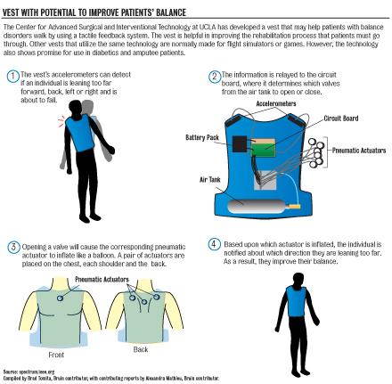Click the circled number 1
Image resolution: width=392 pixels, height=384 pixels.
pyautogui.click(x=12, y=77)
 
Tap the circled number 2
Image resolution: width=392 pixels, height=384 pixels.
pyautogui.click(x=215, y=77)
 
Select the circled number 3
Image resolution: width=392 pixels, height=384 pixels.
pyautogui.click(x=13, y=247)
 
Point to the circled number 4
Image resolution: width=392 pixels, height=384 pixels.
pyautogui.click(x=214, y=244)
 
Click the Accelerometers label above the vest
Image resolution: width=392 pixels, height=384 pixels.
pyautogui.click(x=276, y=103)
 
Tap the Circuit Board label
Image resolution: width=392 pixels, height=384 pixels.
pyautogui.click(x=341, y=118)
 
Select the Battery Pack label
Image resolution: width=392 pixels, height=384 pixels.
pyautogui.click(x=202, y=137)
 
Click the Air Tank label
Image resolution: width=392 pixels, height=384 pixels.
pyautogui.click(x=210, y=179)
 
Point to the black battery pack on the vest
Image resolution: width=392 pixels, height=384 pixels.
pyautogui.click(x=240, y=144)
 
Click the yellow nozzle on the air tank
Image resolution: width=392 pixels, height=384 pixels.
pyautogui.click(x=295, y=206)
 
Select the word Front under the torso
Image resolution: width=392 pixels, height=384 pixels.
pyautogui.click(x=56, y=355)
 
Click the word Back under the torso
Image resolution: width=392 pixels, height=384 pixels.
pyautogui.click(x=141, y=349)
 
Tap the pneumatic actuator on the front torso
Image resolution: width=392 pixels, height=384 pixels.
pyautogui.click(x=60, y=298)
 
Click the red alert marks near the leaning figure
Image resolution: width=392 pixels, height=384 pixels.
pyautogui.click(x=61, y=122)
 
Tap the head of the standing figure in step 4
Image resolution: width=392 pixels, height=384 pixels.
pyautogui.click(x=298, y=279)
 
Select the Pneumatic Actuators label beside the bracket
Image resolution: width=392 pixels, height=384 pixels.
pyautogui.click(x=359, y=151)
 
